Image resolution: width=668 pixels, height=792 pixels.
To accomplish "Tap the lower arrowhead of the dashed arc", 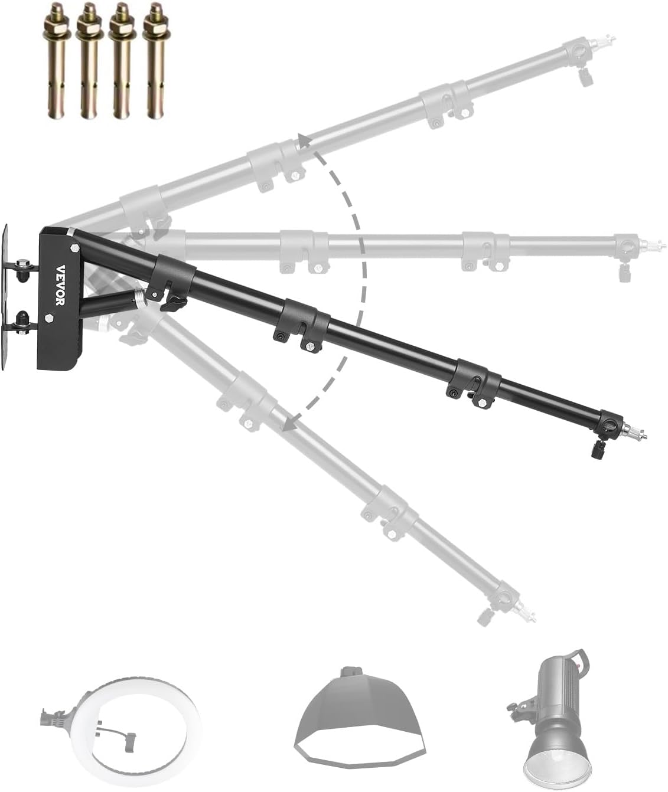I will click(x=288, y=424).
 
